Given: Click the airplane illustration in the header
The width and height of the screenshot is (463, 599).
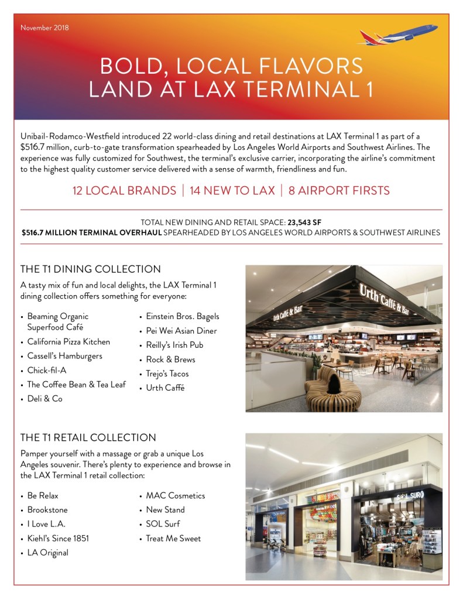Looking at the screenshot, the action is (398, 35).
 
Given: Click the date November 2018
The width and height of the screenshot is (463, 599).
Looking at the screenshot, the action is (44, 28).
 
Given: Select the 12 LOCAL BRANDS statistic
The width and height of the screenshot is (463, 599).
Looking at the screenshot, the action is (124, 191).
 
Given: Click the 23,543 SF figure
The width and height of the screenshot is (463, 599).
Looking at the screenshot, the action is (304, 223).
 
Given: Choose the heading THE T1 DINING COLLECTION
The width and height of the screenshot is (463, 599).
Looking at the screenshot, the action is (90, 269).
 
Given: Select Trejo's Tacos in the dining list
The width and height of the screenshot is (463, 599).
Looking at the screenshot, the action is (167, 374).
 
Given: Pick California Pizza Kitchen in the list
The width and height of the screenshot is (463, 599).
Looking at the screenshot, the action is (68, 342).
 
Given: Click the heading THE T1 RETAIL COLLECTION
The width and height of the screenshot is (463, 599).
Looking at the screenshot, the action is (88, 437).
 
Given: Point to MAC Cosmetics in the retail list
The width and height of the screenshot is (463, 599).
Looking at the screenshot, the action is (176, 495).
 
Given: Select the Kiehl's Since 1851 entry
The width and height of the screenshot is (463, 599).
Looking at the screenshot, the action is (58, 538).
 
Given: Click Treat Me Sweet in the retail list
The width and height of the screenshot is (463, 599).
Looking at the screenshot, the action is (173, 538).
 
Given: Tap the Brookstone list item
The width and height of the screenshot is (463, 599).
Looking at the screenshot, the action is (47, 510).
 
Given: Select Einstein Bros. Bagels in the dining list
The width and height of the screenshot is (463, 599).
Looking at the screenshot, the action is (183, 316).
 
